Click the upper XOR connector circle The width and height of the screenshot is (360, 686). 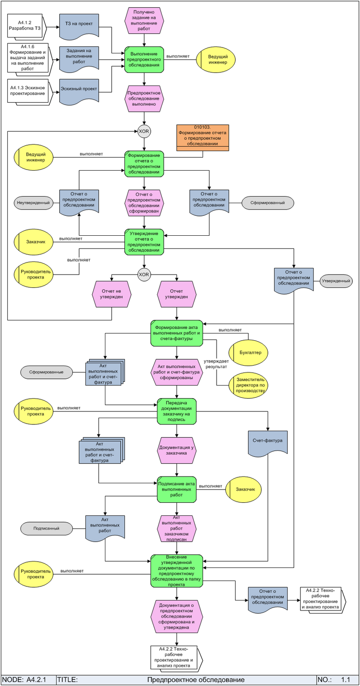pos(144,131)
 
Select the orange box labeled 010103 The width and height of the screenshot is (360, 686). pos(203,137)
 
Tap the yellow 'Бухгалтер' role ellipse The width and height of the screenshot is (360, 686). pos(248,351)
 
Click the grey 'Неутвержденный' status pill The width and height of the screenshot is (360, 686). pos(33,203)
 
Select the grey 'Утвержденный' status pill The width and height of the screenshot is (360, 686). pos(336,281)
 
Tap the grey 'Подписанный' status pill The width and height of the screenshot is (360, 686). pos(47,528)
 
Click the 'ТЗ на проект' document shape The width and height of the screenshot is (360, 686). pos(79,25)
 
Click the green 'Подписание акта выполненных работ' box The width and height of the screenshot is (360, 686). pos(177,489)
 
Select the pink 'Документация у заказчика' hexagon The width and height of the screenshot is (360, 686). pos(177,450)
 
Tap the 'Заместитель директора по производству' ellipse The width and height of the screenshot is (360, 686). pos(248,386)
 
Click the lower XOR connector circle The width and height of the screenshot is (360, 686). pos(144,274)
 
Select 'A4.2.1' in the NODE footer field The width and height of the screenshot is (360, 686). pos(37,680)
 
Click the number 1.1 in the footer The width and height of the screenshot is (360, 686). pos(346,680)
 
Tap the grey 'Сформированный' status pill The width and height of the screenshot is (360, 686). pos(268,203)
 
